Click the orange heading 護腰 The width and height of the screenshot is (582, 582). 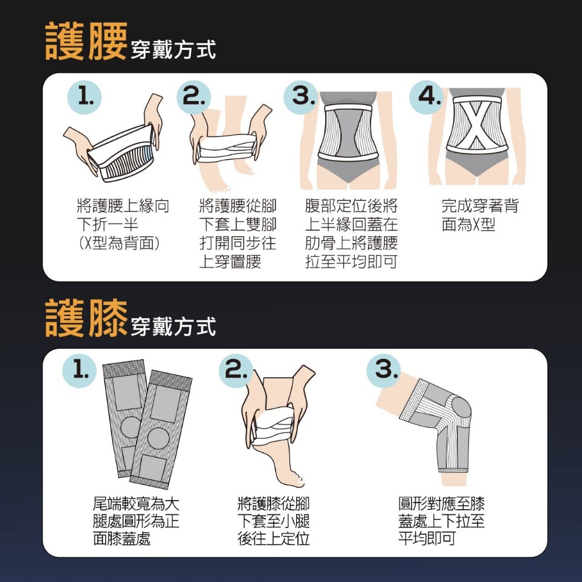86,41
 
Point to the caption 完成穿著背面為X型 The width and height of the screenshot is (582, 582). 480,215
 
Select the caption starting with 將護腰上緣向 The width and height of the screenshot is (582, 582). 123,225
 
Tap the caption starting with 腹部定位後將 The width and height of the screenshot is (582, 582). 351,234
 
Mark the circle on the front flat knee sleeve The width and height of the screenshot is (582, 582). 157,436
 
